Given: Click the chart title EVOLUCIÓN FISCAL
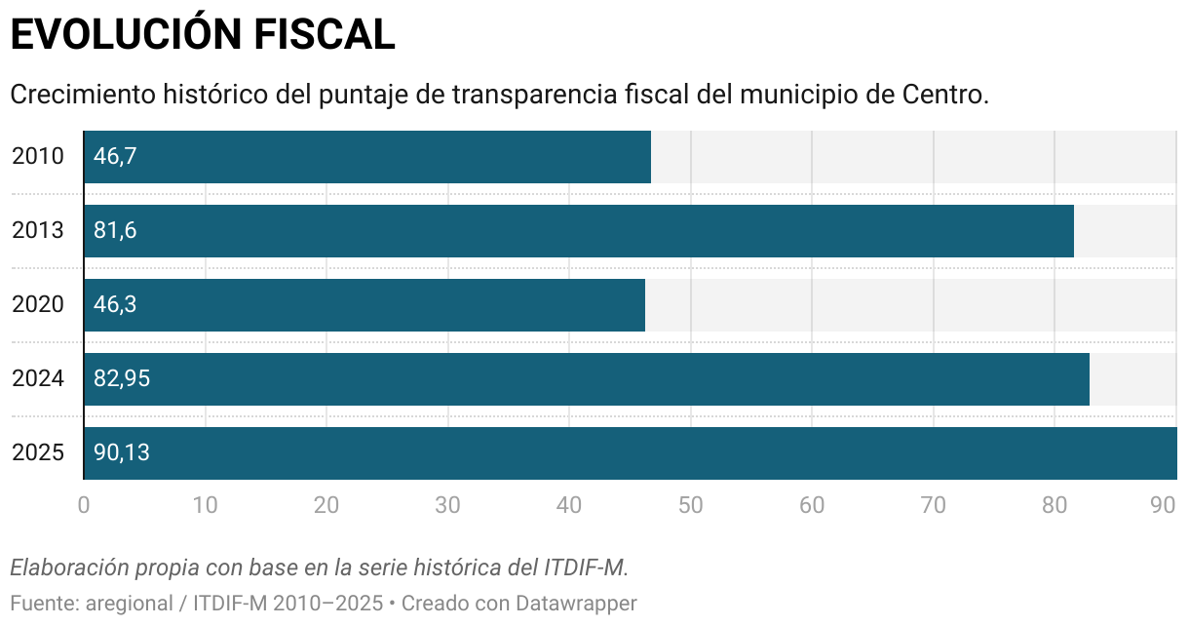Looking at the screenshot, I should pyautogui.click(x=202, y=35).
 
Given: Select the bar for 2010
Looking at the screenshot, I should pyautogui.click(x=366, y=157).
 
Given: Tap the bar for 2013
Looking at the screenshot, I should pyautogui.click(x=578, y=231).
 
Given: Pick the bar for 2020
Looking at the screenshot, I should pyautogui.click(x=364, y=305).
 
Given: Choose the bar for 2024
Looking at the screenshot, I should pyautogui.click(x=586, y=379).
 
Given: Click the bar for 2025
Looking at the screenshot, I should pyautogui.click(x=630, y=453).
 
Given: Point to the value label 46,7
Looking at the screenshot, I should pyautogui.click(x=115, y=157).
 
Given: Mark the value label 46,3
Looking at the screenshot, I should pyautogui.click(x=115, y=305).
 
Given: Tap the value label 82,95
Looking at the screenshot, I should pyautogui.click(x=122, y=379).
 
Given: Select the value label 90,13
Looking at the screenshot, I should pyautogui.click(x=122, y=453).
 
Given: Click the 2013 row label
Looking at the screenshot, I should pyautogui.click(x=38, y=231).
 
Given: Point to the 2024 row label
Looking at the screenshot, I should pyautogui.click(x=38, y=379).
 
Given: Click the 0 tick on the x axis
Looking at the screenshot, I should pyautogui.click(x=84, y=505).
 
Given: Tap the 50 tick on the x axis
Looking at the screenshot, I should pyautogui.click(x=690, y=505).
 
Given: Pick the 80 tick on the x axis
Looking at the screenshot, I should pyautogui.click(x=1055, y=505).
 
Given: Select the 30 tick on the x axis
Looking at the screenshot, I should pyautogui.click(x=447, y=505).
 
